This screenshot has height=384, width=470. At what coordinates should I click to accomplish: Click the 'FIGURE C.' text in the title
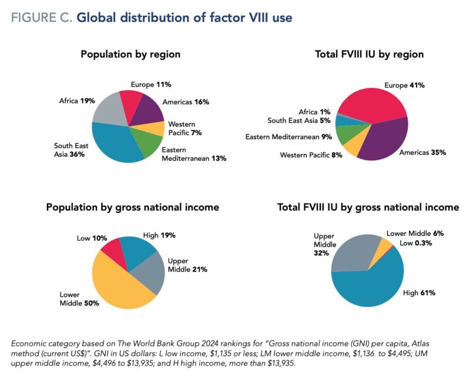pyautogui.click(x=40, y=18)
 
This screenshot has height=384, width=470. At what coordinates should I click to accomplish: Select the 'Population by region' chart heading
pyautogui.click(x=130, y=55)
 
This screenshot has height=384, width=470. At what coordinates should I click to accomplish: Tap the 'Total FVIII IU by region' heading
pyautogui.click(x=370, y=55)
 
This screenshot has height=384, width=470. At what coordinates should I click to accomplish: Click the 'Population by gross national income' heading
pyautogui.click(x=133, y=207)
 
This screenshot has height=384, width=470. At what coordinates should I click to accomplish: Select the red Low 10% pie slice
pyautogui.click(x=112, y=250)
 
